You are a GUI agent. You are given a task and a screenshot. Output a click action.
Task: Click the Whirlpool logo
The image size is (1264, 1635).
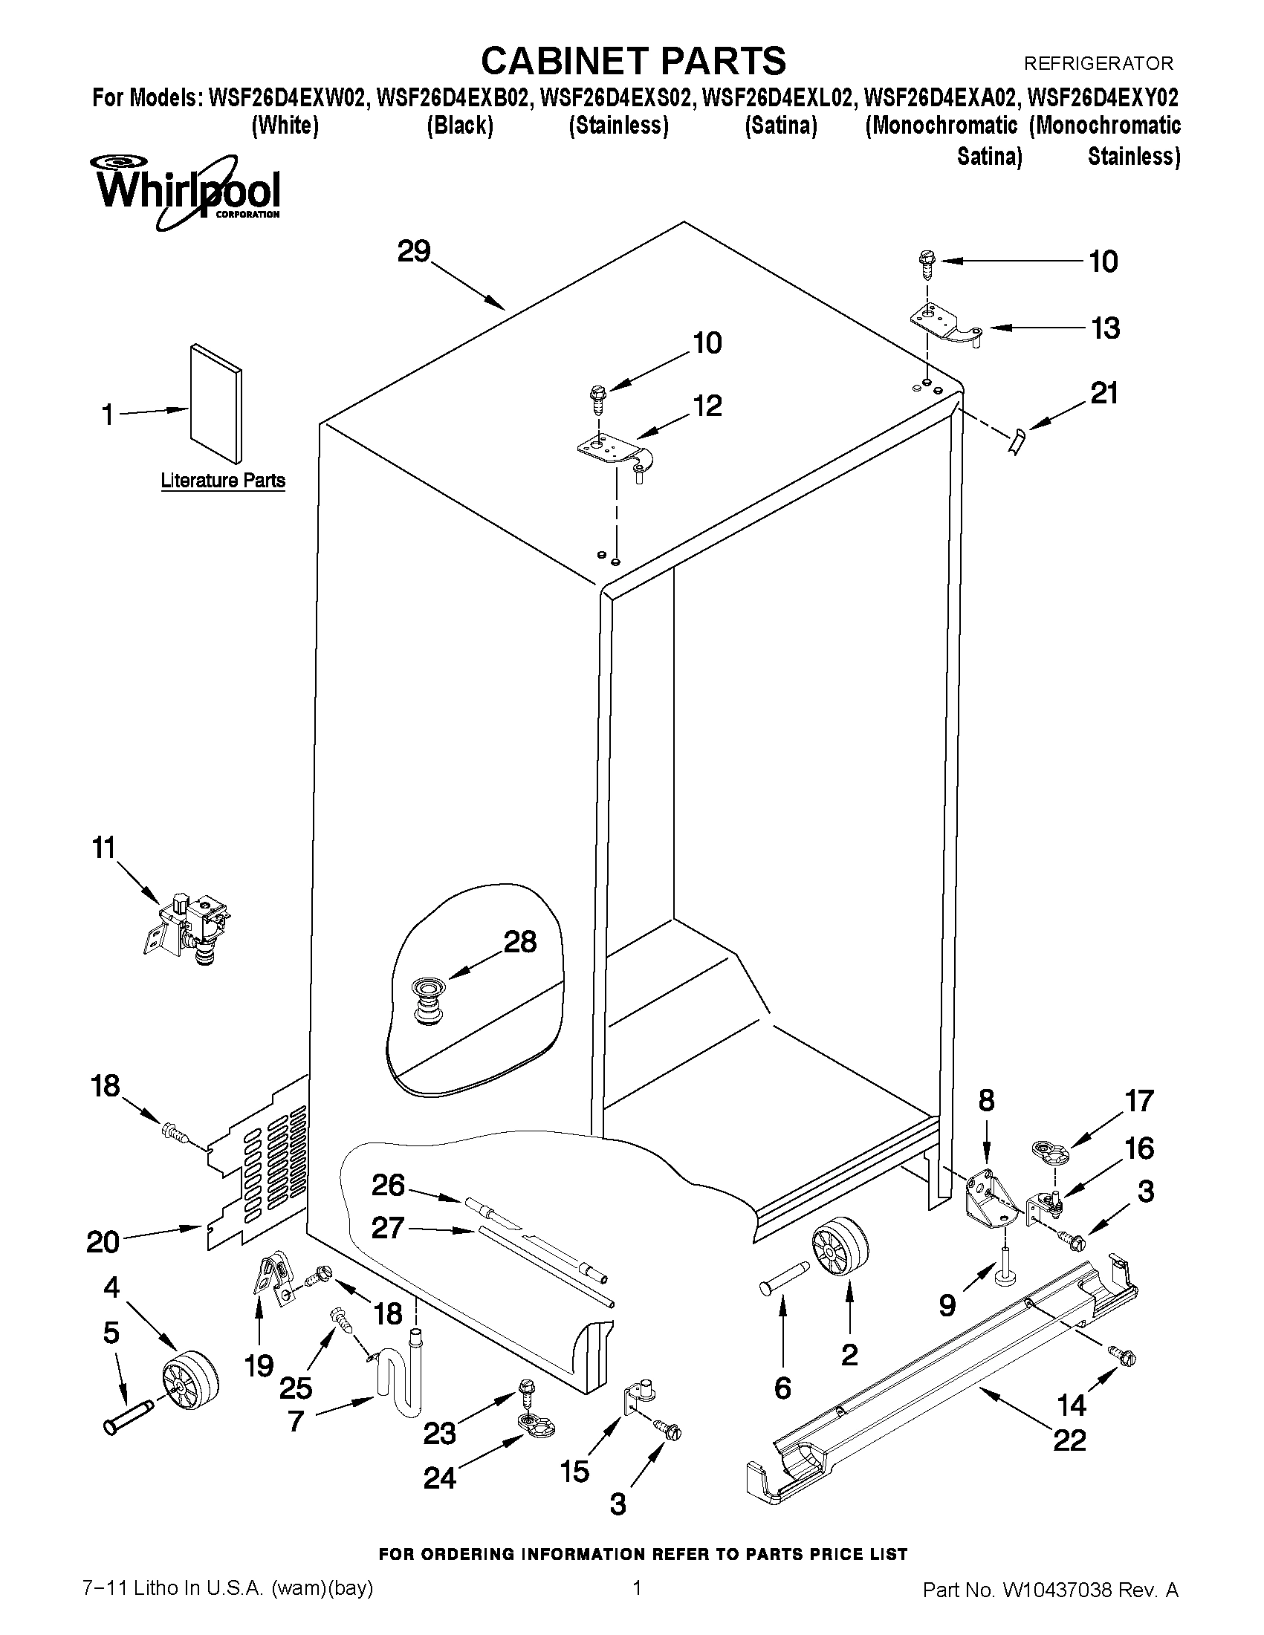coord(186,191)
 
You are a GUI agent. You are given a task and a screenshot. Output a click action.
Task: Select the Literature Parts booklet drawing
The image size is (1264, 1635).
coord(215,404)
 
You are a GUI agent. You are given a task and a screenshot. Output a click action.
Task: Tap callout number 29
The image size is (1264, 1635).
coord(413,252)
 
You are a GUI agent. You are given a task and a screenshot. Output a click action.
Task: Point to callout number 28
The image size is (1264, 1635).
coord(519,941)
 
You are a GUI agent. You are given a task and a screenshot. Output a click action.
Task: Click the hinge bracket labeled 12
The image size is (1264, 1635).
coord(614,455)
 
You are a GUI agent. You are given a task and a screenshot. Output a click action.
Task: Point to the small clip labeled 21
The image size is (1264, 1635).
coord(1017,441)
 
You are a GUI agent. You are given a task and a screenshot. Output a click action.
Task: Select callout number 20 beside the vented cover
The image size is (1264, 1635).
coord(103,1242)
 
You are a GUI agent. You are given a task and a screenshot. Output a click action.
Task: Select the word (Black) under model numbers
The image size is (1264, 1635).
coord(460,126)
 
